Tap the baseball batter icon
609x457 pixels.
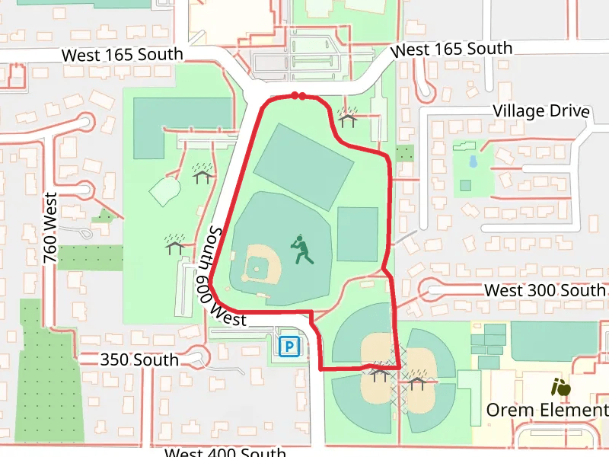[x=302, y=250]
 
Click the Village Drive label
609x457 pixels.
[x=540, y=111]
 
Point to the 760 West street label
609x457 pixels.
[x=51, y=228]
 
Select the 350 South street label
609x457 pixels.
[x=139, y=360]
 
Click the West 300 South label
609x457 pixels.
[x=545, y=290]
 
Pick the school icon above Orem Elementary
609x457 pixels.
[x=561, y=388]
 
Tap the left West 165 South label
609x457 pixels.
[x=122, y=55]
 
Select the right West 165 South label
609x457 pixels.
[x=451, y=50]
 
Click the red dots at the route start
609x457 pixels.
[x=298, y=96]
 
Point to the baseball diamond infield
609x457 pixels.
[x=258, y=267]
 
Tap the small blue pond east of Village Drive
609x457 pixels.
[x=473, y=161]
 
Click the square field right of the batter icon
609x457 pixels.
[x=357, y=234]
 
